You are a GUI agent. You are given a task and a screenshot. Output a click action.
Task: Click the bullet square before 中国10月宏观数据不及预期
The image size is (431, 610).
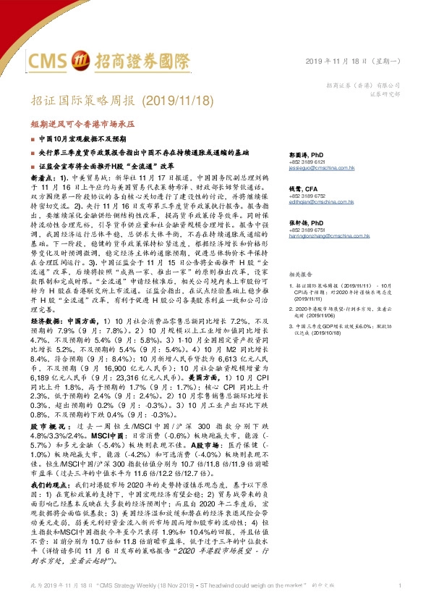(33, 137)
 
